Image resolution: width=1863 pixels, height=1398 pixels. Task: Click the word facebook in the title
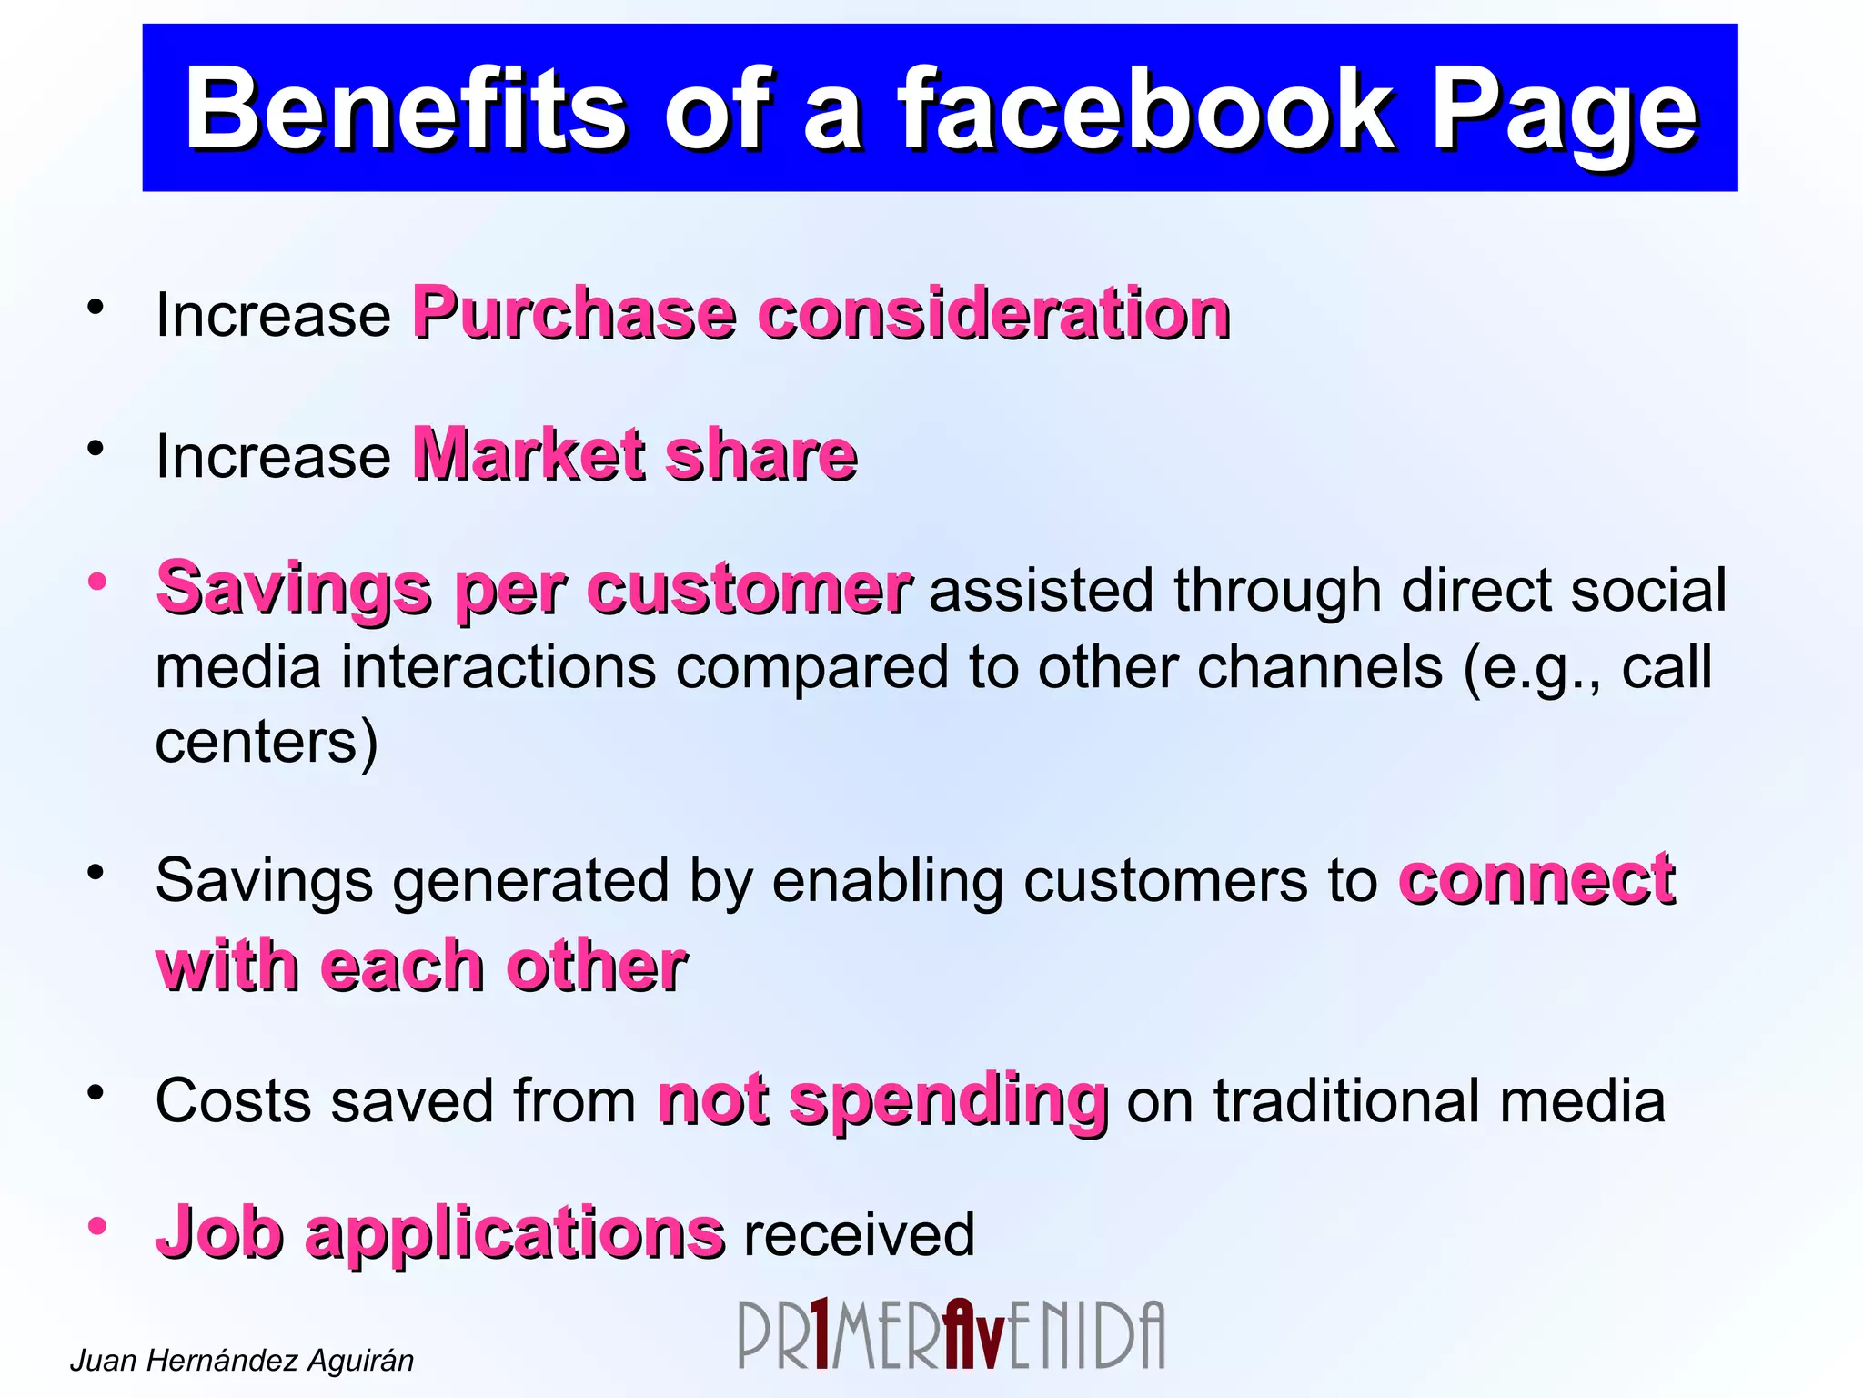click(1144, 111)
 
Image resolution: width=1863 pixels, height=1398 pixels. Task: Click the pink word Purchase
click(573, 314)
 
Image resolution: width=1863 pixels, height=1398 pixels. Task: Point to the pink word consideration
click(993, 314)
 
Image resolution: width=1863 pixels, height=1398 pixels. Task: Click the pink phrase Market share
click(634, 454)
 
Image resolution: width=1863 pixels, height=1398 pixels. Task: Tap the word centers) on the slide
click(266, 742)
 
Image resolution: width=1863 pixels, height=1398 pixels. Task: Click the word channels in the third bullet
click(1319, 667)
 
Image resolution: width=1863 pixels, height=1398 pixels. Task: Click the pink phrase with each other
click(420, 965)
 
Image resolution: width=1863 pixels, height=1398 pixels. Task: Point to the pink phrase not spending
click(881, 1100)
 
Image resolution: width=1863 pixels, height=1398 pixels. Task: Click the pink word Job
click(219, 1232)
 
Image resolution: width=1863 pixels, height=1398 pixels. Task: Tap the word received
click(859, 1235)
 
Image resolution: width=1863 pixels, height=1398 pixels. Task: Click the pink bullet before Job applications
click(97, 1226)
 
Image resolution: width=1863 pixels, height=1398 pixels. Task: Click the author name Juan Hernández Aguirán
click(241, 1360)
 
